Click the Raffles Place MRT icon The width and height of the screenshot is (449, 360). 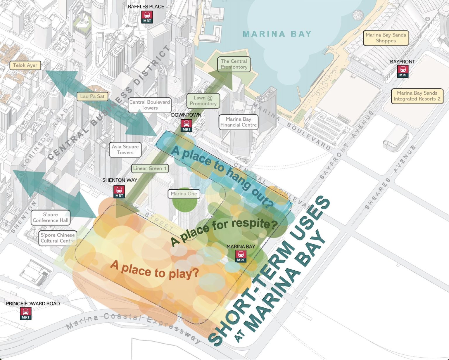point(147,17)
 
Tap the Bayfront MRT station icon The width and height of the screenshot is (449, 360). point(403,71)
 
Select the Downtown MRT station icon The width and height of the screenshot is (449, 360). point(186,125)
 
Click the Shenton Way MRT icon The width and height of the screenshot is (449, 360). point(119,192)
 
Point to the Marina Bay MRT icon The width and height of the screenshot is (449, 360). point(241,256)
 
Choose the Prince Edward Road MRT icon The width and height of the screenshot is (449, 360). point(26,313)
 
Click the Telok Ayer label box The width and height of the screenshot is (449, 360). point(25,65)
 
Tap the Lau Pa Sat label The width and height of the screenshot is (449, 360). point(92,96)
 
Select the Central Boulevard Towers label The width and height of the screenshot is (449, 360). point(150,105)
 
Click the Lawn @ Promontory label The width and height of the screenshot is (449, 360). point(203,101)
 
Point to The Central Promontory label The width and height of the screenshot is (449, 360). point(234,64)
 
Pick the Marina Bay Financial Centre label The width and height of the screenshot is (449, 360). point(239,122)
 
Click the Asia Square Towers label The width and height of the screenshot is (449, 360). point(125,150)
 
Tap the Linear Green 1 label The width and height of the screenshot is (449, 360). point(150,168)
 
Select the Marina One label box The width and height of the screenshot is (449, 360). point(184,194)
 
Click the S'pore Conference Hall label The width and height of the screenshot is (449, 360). point(50,217)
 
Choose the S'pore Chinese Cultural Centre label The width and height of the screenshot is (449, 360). point(58,238)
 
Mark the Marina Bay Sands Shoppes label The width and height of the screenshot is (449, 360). point(386,38)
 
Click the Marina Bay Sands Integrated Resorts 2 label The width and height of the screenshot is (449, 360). point(417,96)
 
